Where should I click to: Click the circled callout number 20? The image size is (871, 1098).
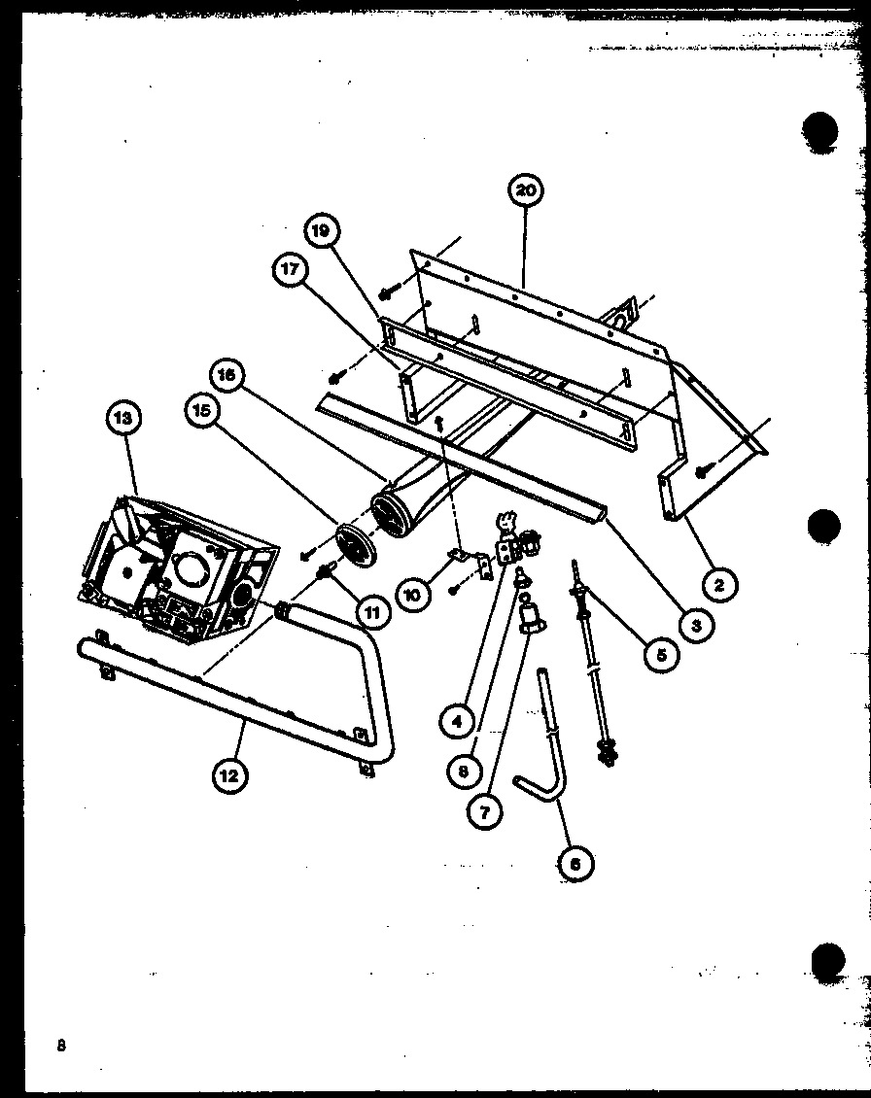525,191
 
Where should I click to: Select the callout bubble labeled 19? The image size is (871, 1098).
321,231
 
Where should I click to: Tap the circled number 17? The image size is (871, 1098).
289,273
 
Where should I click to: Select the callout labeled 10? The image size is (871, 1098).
414,593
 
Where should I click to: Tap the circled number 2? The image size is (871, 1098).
720,584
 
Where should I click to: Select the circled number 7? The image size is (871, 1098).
483,810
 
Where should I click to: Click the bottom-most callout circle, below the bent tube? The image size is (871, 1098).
576,861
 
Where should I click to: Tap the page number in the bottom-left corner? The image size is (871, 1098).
61,1046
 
